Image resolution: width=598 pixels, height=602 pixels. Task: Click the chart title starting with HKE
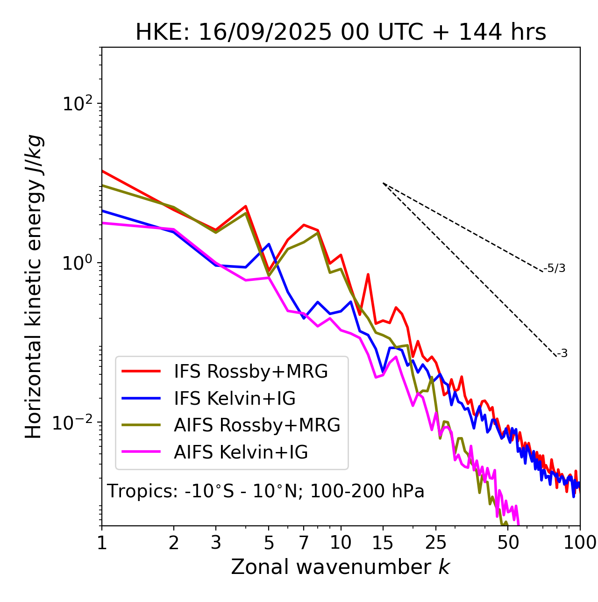click(341, 33)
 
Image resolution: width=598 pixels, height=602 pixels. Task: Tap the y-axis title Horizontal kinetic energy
click(34, 287)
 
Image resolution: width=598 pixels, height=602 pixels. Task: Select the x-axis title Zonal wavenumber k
click(340, 567)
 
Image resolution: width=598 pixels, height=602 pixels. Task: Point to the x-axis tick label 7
click(304, 543)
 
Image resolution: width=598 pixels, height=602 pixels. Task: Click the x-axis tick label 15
click(383, 543)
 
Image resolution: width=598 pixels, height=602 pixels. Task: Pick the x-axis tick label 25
click(436, 543)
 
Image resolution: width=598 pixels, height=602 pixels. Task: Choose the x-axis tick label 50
click(508, 543)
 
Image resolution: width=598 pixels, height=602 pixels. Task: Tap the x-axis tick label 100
click(580, 543)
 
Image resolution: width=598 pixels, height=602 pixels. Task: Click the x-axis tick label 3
click(216, 543)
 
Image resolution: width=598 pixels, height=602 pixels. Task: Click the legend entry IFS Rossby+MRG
click(251, 372)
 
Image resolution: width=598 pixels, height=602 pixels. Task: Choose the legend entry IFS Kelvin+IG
click(235, 399)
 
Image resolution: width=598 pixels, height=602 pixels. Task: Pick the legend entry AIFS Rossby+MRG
click(257, 425)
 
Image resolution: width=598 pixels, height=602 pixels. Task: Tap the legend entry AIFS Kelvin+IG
click(241, 452)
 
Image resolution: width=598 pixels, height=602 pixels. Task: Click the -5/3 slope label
click(555, 269)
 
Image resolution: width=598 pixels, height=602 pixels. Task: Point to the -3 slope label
click(562, 354)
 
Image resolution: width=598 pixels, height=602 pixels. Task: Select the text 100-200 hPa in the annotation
click(367, 492)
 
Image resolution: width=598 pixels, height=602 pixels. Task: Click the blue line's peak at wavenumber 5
click(269, 244)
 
